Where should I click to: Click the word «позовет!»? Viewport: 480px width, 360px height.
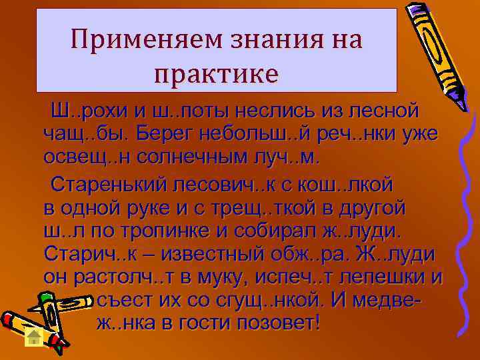tap(267, 326)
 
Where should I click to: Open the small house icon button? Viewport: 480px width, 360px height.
tap(34, 336)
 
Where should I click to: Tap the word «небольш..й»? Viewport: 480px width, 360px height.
tap(274, 134)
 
